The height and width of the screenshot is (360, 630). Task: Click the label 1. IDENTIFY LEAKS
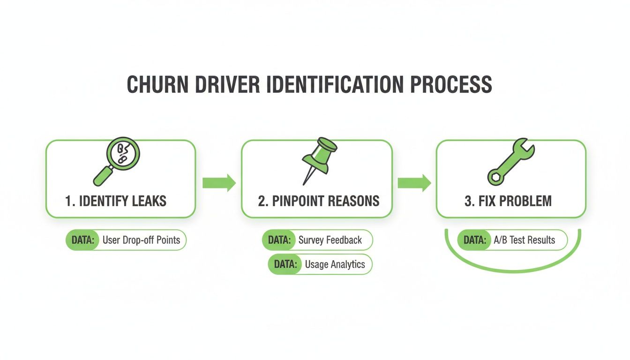[115, 202]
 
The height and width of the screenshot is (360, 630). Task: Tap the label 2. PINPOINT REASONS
[319, 202]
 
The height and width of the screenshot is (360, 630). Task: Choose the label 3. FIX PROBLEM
[508, 202]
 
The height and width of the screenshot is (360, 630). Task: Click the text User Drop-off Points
[141, 240]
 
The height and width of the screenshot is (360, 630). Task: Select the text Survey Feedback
[330, 240]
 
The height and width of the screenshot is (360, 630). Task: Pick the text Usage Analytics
[335, 264]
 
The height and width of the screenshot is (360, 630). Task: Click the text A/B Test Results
[524, 240]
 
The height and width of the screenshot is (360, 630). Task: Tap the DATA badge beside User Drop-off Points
[83, 240]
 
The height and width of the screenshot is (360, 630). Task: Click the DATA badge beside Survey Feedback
[279, 240]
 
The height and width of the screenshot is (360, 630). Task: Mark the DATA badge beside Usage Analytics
[285, 264]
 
